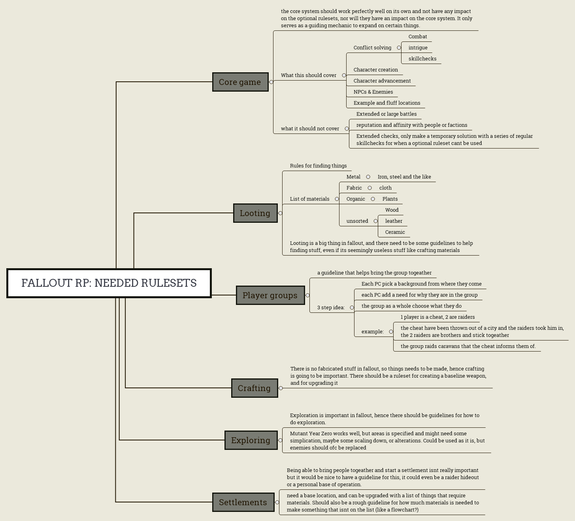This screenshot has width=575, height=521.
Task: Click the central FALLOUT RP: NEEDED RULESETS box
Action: click(109, 283)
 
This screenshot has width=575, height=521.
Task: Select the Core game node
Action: click(240, 82)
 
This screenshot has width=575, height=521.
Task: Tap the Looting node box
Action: click(255, 213)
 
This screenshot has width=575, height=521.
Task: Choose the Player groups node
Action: click(270, 295)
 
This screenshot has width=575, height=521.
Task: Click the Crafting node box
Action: click(254, 388)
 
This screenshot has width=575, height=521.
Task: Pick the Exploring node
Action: click(251, 440)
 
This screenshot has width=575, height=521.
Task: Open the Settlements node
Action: click(243, 502)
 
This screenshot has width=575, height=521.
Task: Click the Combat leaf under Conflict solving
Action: click(418, 37)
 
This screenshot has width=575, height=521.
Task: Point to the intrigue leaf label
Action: click(418, 48)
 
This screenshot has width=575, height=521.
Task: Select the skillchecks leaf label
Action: click(422, 59)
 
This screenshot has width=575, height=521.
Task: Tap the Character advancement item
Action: click(382, 81)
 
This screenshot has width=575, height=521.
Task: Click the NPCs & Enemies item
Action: click(373, 92)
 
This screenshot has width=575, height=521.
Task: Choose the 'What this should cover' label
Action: click(309, 75)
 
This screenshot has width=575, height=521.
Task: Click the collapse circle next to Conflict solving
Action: click(399, 48)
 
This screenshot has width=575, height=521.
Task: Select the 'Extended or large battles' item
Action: click(386, 114)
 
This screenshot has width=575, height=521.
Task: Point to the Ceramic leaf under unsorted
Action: click(395, 232)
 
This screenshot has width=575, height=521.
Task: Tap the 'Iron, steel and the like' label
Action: click(404, 177)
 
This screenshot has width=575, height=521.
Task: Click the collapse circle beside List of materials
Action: click(337, 199)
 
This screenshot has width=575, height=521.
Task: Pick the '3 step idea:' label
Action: click(331, 308)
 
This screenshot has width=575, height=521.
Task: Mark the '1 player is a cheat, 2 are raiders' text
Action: click(438, 317)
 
